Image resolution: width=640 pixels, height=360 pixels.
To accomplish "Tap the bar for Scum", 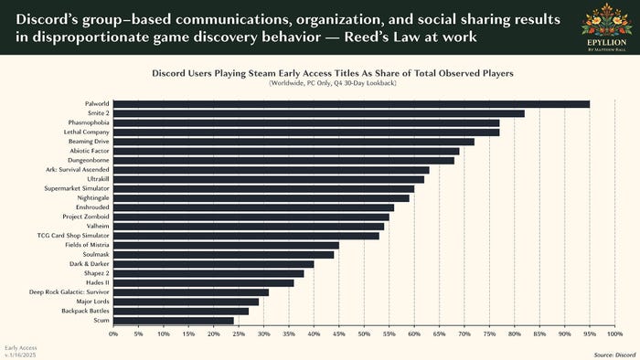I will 174,321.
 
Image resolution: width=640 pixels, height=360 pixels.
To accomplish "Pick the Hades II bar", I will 203,282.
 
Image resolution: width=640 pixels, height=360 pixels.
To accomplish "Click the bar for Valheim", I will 249,226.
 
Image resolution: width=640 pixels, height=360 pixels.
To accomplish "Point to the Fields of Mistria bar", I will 226,245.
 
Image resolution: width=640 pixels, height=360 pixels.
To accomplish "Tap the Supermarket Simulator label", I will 78,188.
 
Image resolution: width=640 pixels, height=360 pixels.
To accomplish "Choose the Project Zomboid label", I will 86,217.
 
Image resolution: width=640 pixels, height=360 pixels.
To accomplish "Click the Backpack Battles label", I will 85,311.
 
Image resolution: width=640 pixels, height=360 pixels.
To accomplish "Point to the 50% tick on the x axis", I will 364,334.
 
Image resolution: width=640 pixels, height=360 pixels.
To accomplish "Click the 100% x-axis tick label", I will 613,334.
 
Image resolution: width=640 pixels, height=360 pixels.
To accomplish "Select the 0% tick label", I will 113,334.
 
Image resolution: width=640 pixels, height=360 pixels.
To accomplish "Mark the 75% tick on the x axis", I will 489,334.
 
